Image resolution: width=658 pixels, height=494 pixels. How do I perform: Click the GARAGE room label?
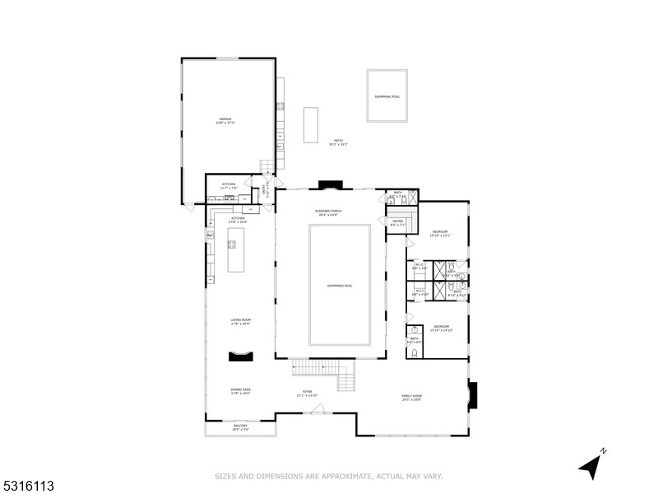click(225, 120)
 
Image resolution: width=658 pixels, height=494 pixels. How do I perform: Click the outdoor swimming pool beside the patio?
click(387, 96)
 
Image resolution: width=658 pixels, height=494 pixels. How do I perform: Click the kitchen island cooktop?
click(232, 244)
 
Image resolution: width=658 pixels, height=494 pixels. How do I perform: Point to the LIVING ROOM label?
click(240, 321)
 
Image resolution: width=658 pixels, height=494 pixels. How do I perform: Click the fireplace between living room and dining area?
click(241, 356)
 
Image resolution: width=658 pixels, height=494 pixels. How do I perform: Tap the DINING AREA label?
click(240, 390)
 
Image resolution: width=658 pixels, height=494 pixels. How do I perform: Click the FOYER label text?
click(307, 393)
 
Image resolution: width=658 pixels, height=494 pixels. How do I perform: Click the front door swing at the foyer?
click(317, 408)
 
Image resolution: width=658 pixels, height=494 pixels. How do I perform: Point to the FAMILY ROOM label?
click(411, 398)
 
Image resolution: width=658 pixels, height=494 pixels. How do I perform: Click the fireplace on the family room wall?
click(472, 396)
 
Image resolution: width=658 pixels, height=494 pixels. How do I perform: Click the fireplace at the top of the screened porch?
click(329, 184)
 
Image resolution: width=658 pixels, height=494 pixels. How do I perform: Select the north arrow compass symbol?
click(592, 465)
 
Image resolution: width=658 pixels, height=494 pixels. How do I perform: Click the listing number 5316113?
click(28, 487)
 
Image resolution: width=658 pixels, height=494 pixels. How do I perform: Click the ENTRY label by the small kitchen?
click(266, 190)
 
